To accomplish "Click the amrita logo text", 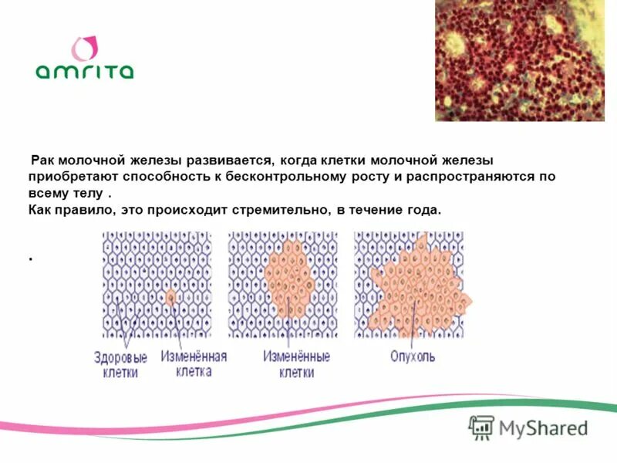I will [x=84, y=71].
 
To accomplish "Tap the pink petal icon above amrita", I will [x=84, y=48].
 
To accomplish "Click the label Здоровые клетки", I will [x=120, y=364].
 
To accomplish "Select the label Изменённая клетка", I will [x=194, y=363].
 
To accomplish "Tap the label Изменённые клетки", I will [x=296, y=364].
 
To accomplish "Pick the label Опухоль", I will [x=413, y=357].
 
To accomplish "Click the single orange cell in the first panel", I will [x=170, y=296].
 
